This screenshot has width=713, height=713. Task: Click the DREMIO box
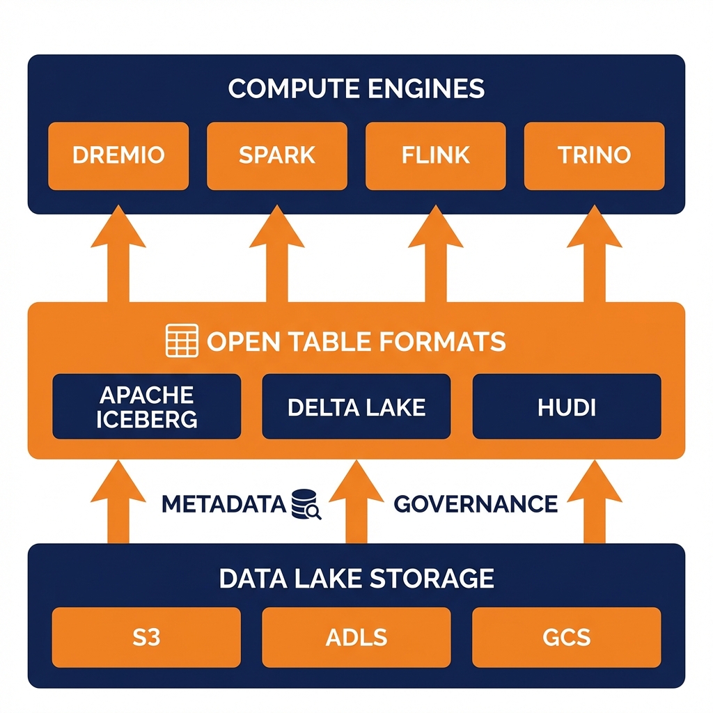tap(118, 155)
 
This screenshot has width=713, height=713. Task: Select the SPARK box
tap(276, 155)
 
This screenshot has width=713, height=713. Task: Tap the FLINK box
tap(435, 155)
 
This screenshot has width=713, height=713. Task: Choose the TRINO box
tap(594, 155)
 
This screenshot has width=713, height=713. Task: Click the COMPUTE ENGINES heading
tap(356, 89)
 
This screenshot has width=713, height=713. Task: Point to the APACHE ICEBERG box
tap(147, 407)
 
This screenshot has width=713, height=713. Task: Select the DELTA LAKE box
tap(356, 407)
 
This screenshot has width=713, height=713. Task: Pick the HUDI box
tap(566, 407)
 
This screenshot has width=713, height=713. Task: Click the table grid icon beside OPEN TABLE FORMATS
tap(182, 341)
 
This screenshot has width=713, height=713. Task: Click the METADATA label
tap(224, 503)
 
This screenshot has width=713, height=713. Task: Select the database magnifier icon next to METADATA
tap(306, 503)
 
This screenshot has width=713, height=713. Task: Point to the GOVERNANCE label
tap(476, 503)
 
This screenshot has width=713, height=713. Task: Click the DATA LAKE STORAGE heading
tap(356, 578)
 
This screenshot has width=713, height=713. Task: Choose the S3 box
tap(146, 637)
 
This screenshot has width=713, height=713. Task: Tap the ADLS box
tap(356, 637)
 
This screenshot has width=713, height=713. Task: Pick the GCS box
tap(566, 637)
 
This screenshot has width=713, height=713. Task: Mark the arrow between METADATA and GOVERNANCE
tap(356, 505)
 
